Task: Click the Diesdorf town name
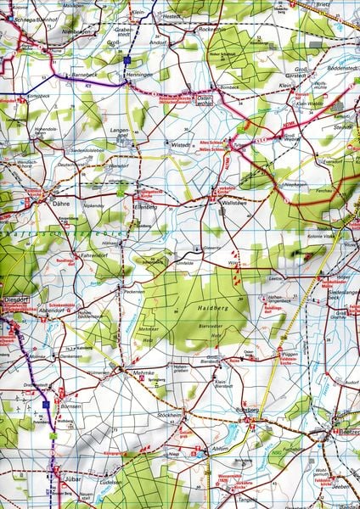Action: (x=16, y=299)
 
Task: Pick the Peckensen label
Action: (x=134, y=291)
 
